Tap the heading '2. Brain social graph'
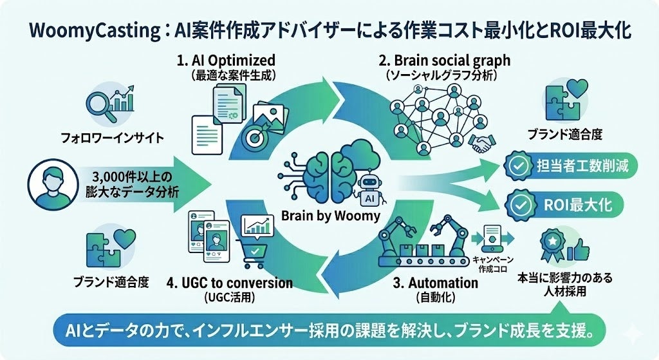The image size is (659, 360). [x=444, y=60]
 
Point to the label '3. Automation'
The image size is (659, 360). [x=436, y=283]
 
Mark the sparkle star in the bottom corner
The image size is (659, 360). [x=635, y=332]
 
